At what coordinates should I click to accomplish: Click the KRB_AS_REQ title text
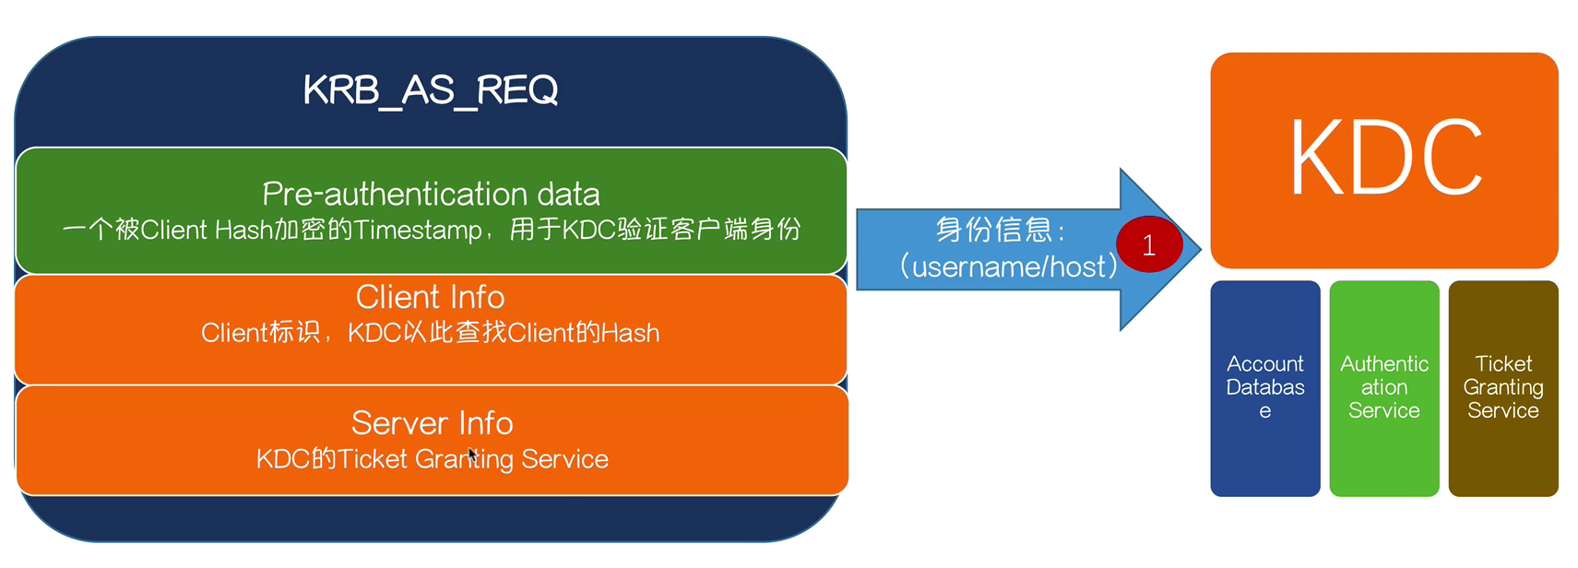[431, 90]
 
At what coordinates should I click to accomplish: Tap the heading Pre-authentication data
[431, 194]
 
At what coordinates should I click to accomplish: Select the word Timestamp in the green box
[418, 231]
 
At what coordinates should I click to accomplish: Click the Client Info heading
[431, 297]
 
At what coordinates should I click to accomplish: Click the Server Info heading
[432, 423]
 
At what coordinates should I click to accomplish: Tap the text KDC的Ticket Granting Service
[432, 459]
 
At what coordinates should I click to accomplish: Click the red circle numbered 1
[1149, 244]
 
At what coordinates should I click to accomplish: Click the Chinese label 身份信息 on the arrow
[993, 230]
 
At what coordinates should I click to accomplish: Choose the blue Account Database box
[1265, 388]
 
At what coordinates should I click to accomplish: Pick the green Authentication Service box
[1384, 388]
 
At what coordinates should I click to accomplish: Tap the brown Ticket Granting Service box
[1503, 388]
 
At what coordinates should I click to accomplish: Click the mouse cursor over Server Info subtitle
[472, 456]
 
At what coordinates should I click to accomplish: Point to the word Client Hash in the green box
[207, 231]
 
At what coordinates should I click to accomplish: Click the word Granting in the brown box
[1503, 387]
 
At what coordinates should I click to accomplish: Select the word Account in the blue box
[1265, 363]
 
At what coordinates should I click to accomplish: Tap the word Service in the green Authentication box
[1384, 410]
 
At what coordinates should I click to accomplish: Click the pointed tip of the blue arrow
[1201, 249]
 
